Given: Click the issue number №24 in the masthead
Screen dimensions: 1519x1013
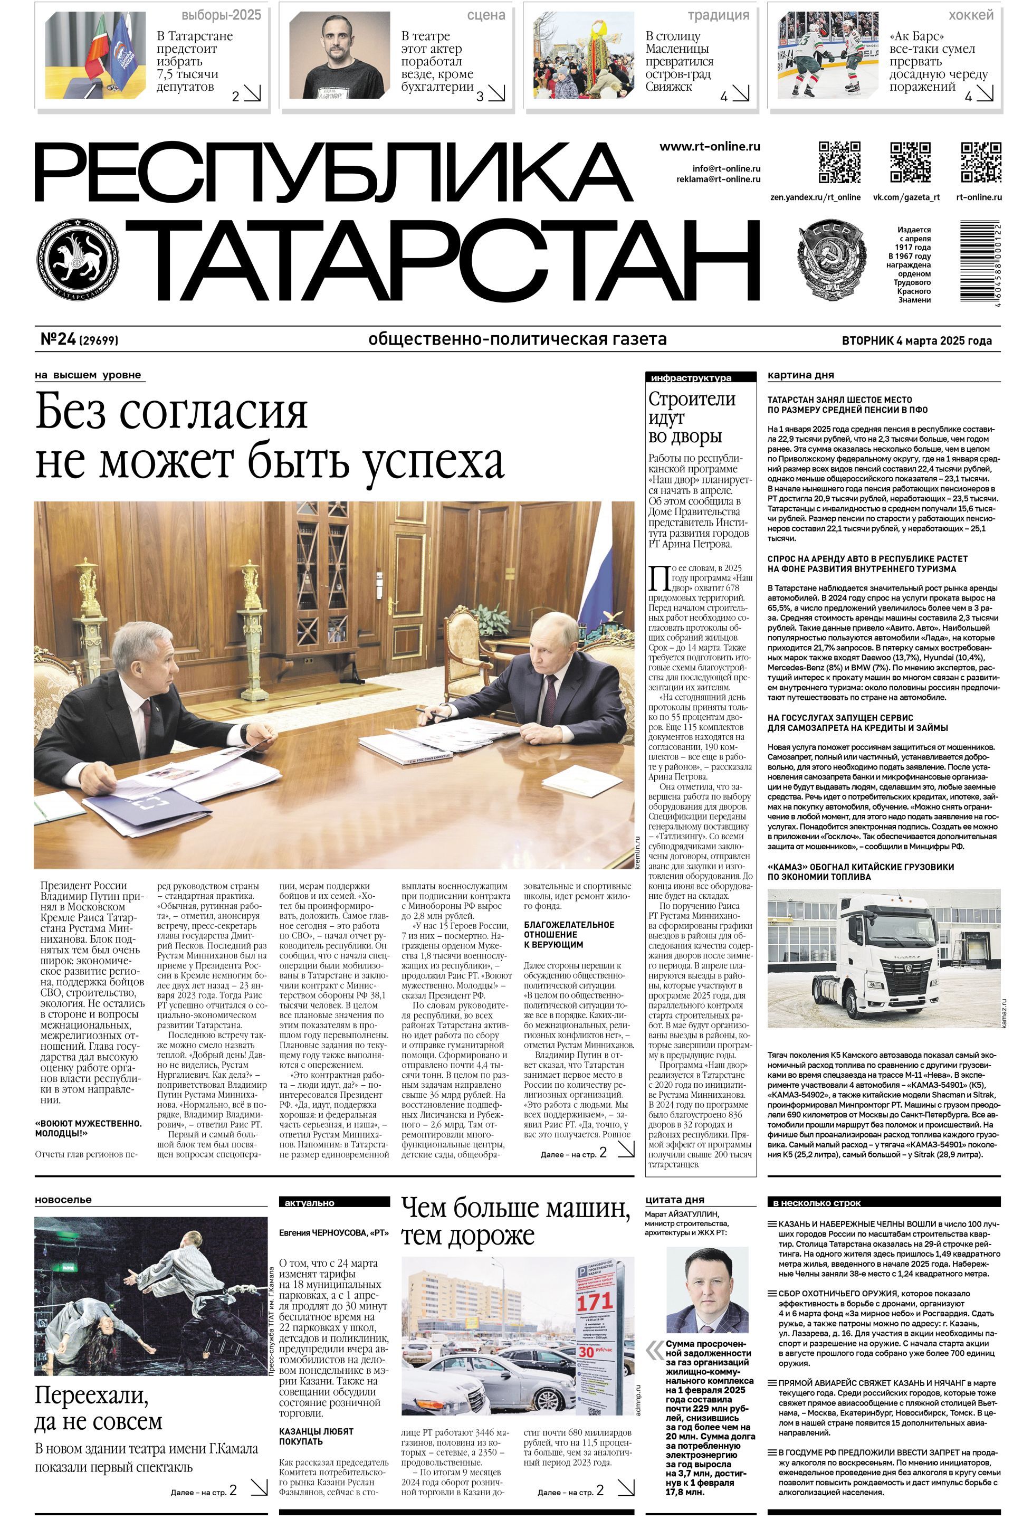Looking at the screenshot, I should coord(59,339).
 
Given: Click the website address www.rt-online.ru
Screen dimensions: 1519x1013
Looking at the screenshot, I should coord(709,147).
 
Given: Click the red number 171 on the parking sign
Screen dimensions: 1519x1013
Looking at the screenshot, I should coord(595,1300).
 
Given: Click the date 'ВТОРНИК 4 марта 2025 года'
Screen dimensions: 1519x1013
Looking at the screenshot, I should coord(916,340).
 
